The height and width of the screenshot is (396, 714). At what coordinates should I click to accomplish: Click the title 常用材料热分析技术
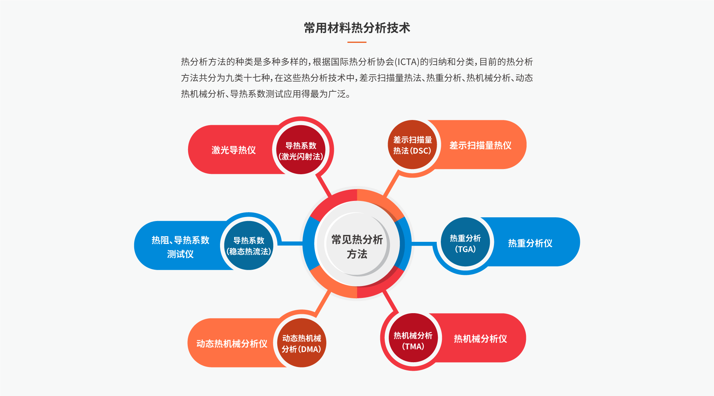357,28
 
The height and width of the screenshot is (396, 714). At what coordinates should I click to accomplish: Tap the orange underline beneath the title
357,42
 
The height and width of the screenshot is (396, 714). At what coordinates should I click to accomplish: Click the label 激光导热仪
233,150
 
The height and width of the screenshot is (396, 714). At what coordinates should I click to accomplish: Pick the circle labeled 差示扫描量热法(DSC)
412,145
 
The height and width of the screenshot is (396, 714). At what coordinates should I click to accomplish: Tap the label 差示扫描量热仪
480,145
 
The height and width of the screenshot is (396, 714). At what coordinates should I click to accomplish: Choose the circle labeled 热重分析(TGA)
465,243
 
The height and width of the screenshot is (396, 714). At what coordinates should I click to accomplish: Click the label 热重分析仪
530,243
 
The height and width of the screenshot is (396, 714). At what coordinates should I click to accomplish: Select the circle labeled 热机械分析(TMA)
413,340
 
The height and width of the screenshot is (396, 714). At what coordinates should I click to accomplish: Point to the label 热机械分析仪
480,339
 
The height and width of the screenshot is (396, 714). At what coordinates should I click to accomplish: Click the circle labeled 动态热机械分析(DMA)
301,343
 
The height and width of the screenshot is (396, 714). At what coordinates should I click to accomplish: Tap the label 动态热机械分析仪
232,344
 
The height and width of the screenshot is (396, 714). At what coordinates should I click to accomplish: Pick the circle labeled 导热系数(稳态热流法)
249,246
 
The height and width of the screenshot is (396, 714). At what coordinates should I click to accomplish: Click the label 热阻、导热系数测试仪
180,247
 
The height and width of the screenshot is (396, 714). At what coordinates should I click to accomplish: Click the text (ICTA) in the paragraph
407,62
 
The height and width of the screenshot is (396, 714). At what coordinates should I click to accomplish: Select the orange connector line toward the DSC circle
391,185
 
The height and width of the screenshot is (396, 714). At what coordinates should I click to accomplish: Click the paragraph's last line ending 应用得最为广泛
266,94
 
